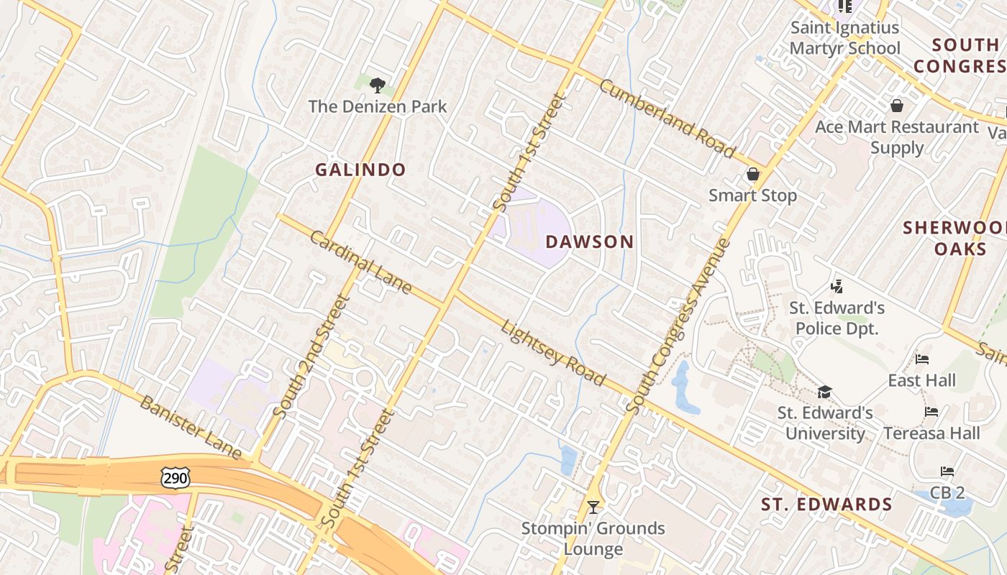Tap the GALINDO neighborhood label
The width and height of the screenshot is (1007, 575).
click(x=360, y=170)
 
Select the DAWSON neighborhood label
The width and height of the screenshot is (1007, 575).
click(x=590, y=242)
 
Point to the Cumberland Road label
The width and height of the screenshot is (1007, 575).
click(x=667, y=119)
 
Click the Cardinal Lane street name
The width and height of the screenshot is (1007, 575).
click(x=361, y=262)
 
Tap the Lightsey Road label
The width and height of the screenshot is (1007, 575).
click(x=553, y=353)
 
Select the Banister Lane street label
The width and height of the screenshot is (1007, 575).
click(x=191, y=427)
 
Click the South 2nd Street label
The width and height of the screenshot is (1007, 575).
click(x=311, y=356)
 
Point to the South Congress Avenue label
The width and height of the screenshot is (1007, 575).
click(x=678, y=326)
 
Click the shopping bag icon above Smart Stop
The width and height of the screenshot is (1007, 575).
click(x=752, y=175)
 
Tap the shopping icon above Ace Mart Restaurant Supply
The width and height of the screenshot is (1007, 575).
click(x=896, y=106)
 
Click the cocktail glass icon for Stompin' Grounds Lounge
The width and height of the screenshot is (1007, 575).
click(x=593, y=507)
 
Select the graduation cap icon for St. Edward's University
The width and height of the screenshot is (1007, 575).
click(x=824, y=392)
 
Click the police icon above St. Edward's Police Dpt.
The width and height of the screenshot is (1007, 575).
click(x=836, y=287)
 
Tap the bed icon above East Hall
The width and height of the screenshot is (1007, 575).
click(x=922, y=359)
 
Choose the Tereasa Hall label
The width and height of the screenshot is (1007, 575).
click(x=931, y=433)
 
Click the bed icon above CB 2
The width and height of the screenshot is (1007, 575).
click(x=947, y=472)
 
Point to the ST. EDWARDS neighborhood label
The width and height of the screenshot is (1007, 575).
click(x=826, y=505)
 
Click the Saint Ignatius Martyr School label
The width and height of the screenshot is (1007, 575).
click(x=844, y=38)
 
